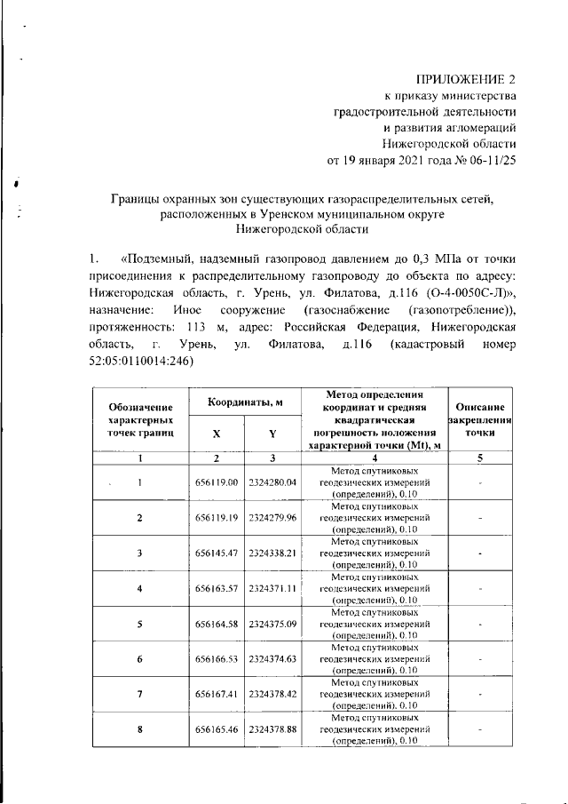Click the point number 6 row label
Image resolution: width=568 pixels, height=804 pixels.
(x=140, y=659)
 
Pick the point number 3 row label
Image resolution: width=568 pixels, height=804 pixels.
(x=140, y=553)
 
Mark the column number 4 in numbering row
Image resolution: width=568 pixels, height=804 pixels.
(x=374, y=458)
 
